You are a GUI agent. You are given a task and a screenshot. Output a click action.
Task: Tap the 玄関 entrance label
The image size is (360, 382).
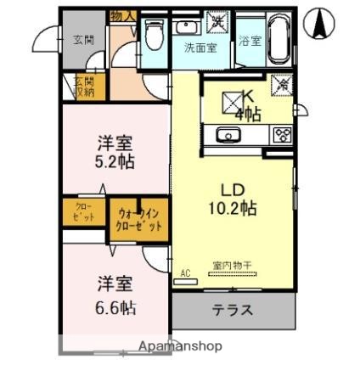click(82, 38)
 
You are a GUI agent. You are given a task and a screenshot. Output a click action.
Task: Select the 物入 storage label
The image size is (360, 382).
click(122, 16)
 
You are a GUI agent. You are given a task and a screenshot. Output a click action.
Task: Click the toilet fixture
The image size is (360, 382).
click(154, 36)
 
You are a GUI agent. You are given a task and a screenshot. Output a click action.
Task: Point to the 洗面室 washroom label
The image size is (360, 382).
click(200, 48)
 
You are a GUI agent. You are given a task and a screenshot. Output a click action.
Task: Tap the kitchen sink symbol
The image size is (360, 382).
click(228, 135)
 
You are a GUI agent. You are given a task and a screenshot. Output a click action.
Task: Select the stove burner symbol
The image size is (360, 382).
click(282, 134)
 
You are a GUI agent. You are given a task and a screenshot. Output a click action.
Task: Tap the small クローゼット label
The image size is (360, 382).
click(83, 212)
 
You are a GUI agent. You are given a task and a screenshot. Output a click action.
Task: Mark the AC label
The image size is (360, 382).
click(187, 273)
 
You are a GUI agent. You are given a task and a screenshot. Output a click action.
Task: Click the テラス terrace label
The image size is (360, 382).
click(232, 310)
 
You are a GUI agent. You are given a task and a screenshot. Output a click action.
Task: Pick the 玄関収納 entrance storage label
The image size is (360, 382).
click(82, 87)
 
